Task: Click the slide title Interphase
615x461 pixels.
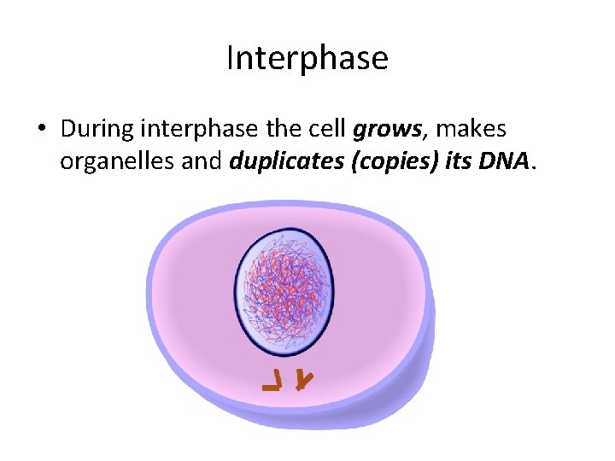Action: click(x=307, y=58)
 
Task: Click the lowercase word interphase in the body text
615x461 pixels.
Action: click(x=197, y=130)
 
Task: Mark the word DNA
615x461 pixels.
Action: click(x=506, y=158)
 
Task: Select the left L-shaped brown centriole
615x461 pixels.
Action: click(x=273, y=382)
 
